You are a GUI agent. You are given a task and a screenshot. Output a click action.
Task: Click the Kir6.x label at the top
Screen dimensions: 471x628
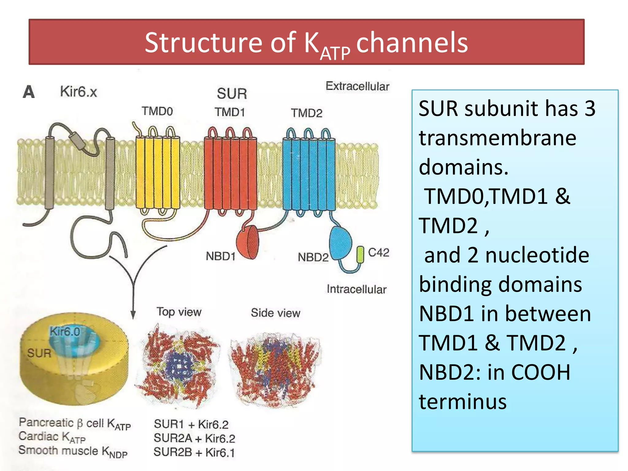[78, 91]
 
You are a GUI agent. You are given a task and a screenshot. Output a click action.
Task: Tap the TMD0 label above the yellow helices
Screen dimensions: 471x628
[157, 111]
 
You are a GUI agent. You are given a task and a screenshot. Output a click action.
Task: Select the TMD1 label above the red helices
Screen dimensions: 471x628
[230, 112]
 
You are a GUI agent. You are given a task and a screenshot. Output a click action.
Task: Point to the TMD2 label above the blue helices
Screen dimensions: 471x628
[307, 113]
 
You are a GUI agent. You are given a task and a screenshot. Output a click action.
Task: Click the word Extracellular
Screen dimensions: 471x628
[357, 86]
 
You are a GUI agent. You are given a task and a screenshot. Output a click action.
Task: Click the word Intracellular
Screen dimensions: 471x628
[356, 289]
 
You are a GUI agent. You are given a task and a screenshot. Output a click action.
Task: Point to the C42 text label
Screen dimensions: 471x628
[378, 252]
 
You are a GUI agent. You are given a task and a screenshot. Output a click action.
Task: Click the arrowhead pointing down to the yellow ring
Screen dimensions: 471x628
[133, 315]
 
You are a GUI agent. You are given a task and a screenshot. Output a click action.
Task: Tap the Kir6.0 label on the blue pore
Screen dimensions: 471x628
[65, 331]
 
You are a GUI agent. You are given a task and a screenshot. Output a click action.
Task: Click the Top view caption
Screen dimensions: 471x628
[179, 312]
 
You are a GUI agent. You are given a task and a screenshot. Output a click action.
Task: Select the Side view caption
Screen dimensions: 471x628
[275, 313]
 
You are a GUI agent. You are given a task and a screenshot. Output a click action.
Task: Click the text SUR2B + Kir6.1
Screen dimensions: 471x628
[194, 452]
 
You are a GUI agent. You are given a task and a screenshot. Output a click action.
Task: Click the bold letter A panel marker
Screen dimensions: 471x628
[29, 92]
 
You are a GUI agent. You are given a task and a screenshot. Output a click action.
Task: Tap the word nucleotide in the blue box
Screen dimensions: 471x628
[537, 255]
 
